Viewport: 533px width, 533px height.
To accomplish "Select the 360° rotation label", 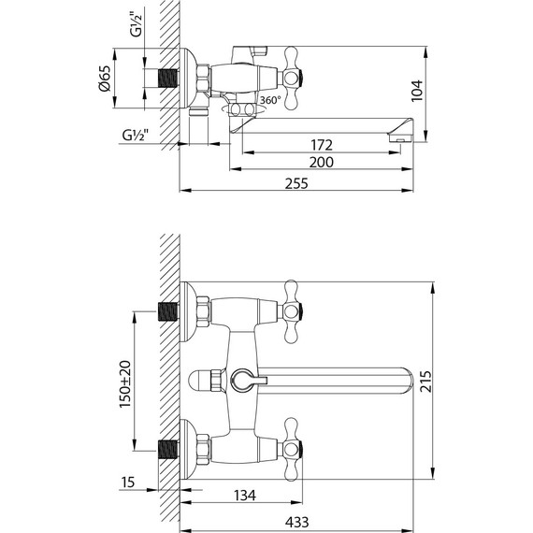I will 270,100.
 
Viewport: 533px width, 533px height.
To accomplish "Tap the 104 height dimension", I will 418,91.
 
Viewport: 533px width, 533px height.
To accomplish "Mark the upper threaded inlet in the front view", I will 170,309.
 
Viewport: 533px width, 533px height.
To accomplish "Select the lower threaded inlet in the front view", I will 170,450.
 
